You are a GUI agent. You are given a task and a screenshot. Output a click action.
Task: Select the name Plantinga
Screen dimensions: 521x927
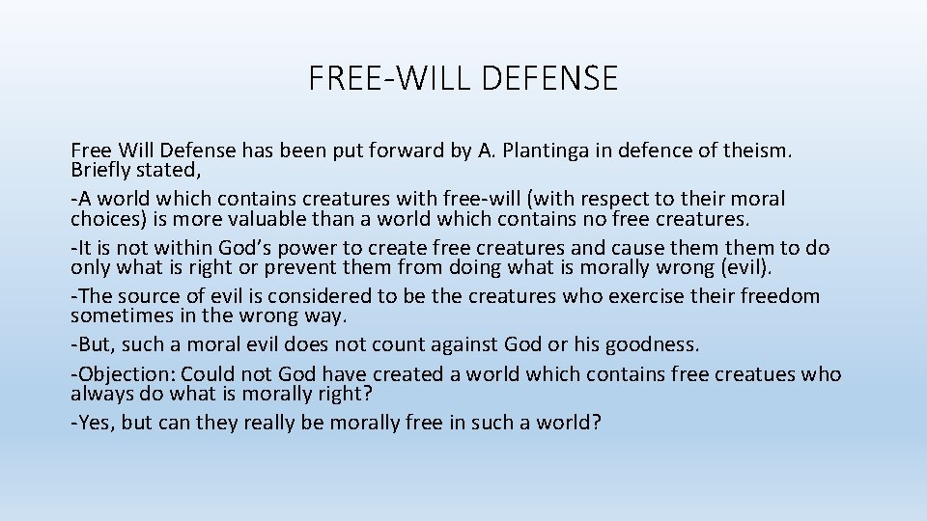pyautogui.click(x=549, y=151)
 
